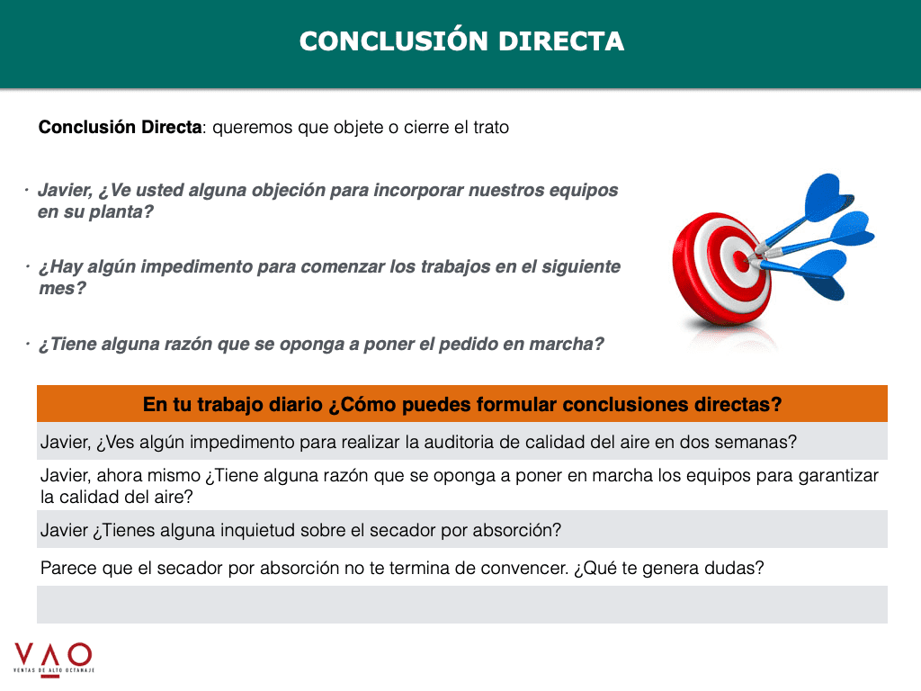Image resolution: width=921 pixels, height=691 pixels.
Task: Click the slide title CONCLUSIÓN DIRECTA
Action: pos(461,41)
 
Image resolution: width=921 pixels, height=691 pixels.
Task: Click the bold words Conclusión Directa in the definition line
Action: pos(120,127)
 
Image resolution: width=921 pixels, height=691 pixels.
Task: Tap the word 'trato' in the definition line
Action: pos(491,128)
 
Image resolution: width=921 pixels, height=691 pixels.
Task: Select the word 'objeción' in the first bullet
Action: pos(289,191)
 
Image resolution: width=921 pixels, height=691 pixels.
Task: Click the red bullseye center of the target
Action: pos(742,262)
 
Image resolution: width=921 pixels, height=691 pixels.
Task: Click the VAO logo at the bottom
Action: pos(53,658)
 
